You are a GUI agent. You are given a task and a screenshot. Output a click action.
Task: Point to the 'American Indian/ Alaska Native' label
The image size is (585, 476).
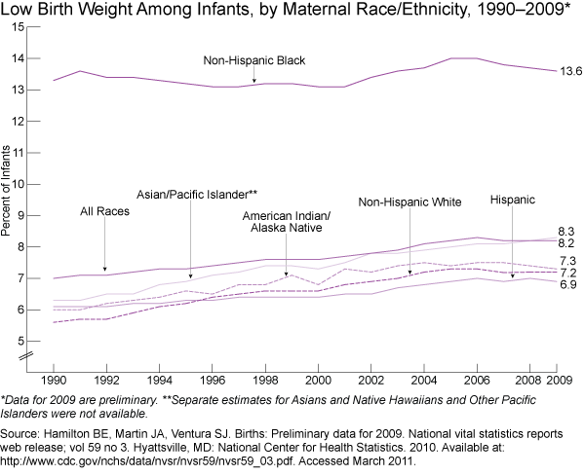pos(286,221)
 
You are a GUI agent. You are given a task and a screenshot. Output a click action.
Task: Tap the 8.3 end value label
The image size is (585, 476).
pos(566,229)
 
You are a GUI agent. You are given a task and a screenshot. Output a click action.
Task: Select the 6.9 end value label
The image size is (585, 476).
pos(566,283)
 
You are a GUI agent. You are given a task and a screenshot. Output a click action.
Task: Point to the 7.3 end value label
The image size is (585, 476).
pos(566,261)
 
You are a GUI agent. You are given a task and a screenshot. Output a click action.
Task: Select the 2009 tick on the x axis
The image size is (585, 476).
pos(558,378)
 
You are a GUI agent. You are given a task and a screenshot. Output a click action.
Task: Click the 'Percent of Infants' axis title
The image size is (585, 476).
pos(8,190)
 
